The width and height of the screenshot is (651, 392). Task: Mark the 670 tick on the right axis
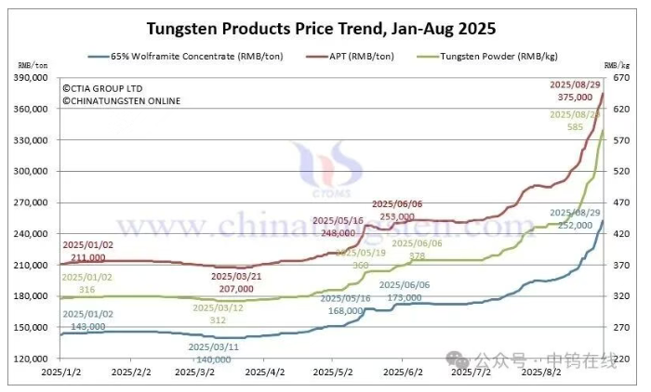621,78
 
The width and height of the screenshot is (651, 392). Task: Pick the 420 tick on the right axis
621,234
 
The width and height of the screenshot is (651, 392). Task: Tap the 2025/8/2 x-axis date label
540,372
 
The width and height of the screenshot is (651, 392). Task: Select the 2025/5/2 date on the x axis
339,372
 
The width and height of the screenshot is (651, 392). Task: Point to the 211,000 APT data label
88,256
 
